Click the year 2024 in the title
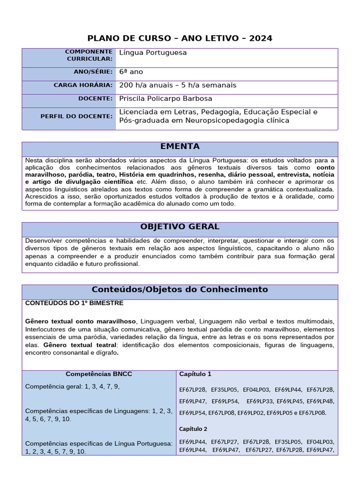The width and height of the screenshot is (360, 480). click(261, 38)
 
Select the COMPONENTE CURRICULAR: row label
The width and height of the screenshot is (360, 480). click(89, 55)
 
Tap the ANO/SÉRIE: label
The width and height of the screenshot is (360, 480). click(93, 72)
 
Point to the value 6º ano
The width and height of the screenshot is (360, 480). click(131, 72)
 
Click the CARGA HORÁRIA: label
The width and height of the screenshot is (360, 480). click(83, 85)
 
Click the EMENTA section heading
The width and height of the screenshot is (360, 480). click(180, 146)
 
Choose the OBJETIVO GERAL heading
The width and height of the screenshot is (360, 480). click(180, 227)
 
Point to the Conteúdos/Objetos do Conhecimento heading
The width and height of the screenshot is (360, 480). click(180, 290)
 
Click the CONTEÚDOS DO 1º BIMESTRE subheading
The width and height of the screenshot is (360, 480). click(74, 303)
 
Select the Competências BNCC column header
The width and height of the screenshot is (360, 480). click(98, 374)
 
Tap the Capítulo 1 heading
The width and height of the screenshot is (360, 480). click(195, 374)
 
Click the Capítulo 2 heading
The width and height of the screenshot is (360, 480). click(193, 429)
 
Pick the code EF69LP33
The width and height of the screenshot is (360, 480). click(260, 401)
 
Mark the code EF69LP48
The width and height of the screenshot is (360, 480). click(321, 401)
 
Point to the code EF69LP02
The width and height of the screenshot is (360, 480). click(252, 413)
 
